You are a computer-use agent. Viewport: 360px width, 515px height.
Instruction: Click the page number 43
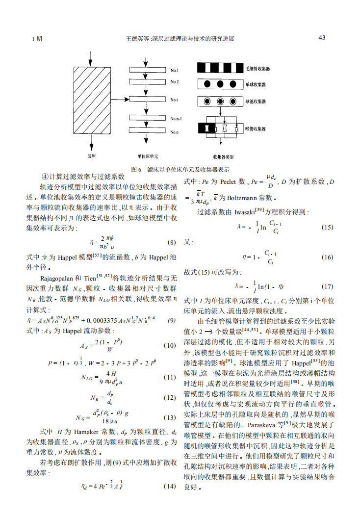tap(322, 38)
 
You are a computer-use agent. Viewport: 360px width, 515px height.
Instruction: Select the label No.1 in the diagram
tap(175, 71)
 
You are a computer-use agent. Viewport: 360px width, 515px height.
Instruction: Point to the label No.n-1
tap(177, 119)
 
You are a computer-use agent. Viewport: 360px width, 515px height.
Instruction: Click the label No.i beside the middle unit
tap(175, 100)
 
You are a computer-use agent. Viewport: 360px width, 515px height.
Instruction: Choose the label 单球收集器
tap(256, 84)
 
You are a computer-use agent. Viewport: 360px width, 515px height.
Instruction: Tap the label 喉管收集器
tap(256, 129)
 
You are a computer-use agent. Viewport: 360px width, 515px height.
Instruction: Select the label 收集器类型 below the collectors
tap(224, 157)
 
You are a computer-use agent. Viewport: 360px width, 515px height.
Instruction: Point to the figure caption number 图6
tap(136, 169)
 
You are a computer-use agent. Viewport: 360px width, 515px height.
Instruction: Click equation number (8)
tap(172, 242)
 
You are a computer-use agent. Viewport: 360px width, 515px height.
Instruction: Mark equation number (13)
tap(170, 418)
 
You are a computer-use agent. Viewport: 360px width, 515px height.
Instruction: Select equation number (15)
tap(327, 227)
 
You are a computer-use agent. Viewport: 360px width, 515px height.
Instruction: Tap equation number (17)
tap(327, 286)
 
